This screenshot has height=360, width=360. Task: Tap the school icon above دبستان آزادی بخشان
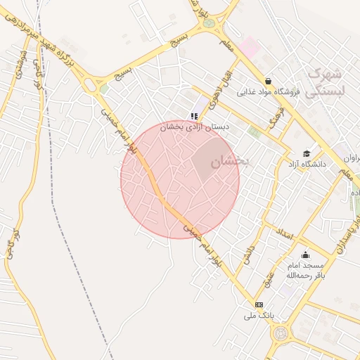click(194, 116)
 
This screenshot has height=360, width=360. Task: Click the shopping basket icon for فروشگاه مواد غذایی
click(269, 81)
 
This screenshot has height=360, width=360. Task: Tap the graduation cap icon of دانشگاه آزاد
click(307, 153)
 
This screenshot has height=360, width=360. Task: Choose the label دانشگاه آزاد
click(307, 164)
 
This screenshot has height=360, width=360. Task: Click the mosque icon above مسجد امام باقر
click(305, 255)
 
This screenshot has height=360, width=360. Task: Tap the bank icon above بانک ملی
click(259, 304)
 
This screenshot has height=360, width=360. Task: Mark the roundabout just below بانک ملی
click(281, 333)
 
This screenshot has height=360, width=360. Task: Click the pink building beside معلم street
click(250, 48)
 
